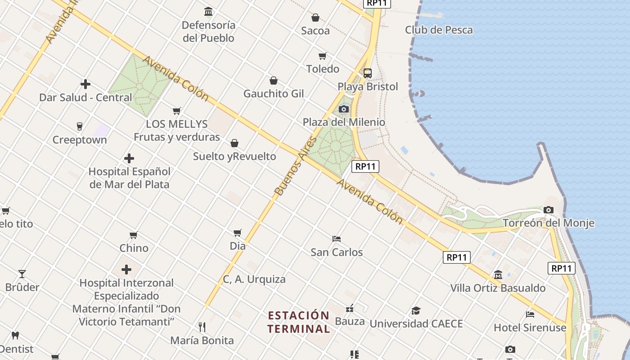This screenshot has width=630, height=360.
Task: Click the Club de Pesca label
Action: pyautogui.click(x=439, y=30)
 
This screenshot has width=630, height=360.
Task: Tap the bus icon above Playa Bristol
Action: pyautogui.click(x=368, y=73)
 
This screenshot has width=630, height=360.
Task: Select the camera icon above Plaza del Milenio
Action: pyautogui.click(x=344, y=109)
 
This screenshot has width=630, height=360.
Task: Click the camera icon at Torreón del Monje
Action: pyautogui.click(x=548, y=210)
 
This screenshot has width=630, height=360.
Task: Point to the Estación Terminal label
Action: pyautogui.click(x=299, y=322)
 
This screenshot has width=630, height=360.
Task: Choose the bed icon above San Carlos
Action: pyautogui.click(x=337, y=238)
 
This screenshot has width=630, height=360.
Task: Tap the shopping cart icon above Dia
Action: pyautogui.click(x=238, y=233)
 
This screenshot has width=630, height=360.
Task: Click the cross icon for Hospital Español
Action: pyautogui.click(x=129, y=158)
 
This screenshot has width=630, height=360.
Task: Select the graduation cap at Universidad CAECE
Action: pyautogui.click(x=416, y=310)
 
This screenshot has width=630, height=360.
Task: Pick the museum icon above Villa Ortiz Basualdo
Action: pyautogui.click(x=498, y=274)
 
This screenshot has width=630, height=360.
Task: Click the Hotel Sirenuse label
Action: pyautogui.click(x=530, y=328)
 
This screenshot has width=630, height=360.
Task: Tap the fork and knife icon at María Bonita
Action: pyautogui.click(x=202, y=327)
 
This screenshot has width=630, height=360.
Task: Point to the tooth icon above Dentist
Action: pyautogui.click(x=15, y=335)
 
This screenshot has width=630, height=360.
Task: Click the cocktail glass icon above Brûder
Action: pyautogui.click(x=22, y=274)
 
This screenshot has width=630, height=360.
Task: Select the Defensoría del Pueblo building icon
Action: pyautogui.click(x=208, y=11)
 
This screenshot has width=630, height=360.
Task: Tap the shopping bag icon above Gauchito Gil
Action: pyautogui.click(x=273, y=81)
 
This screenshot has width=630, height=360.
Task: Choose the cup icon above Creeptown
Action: pyautogui.click(x=80, y=126)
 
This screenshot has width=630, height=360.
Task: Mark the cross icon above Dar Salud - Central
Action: pyautogui.click(x=85, y=84)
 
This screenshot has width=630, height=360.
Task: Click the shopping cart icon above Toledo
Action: pyautogui.click(x=322, y=56)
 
